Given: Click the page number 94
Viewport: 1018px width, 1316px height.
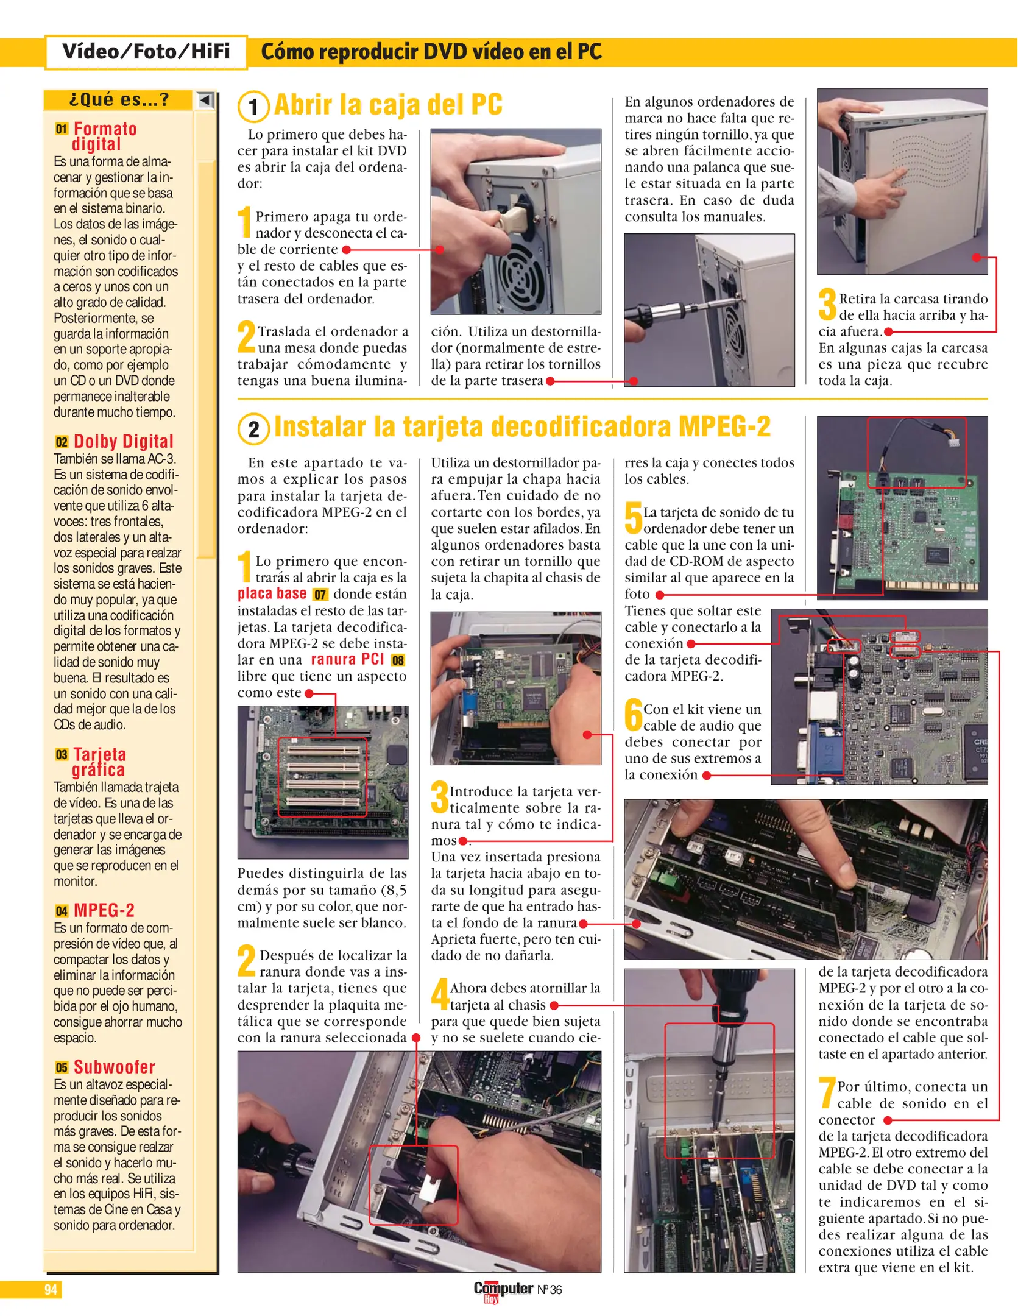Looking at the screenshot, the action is pyautogui.click(x=51, y=1289).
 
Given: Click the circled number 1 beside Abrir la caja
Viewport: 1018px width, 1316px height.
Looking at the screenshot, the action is pyautogui.click(x=253, y=107).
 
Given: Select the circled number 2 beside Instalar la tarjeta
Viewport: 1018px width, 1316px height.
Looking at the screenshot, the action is pyautogui.click(x=253, y=429).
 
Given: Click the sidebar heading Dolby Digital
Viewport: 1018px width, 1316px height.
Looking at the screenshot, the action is pyautogui.click(x=123, y=441).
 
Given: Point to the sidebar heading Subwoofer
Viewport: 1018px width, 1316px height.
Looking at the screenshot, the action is pyautogui.click(x=114, y=1067).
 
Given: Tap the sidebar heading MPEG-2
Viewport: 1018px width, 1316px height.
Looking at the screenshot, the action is pyautogui.click(x=104, y=910).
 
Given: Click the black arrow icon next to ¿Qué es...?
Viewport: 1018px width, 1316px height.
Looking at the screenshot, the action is pyautogui.click(x=206, y=100).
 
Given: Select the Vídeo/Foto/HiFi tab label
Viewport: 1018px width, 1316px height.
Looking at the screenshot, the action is pyautogui.click(x=146, y=52).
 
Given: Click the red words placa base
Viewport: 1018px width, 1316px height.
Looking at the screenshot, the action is pyautogui.click(x=272, y=593).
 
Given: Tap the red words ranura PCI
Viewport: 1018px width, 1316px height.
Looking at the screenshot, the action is pyautogui.click(x=347, y=659).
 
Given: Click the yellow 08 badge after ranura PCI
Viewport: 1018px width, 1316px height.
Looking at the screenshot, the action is pyautogui.click(x=398, y=660).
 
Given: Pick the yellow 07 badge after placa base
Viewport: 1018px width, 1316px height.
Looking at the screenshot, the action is pyautogui.click(x=320, y=594).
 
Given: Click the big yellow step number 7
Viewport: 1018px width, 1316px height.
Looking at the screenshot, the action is pyautogui.click(x=827, y=1092).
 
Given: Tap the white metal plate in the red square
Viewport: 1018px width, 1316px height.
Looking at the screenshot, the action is pyautogui.click(x=431, y=1189).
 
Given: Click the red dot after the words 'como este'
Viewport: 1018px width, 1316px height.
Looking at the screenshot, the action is pyautogui.click(x=309, y=693).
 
